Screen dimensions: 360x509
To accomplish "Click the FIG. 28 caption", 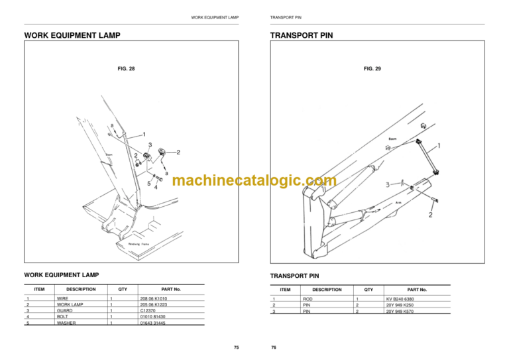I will tap(125, 68).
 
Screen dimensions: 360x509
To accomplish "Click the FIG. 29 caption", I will tap(372, 68).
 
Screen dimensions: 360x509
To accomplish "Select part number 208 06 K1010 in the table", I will tap(153, 299).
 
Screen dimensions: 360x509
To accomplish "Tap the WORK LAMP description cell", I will tap(70, 304).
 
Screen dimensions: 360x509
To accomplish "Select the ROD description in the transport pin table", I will tap(308, 299).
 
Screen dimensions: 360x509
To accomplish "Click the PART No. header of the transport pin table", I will tap(418, 290).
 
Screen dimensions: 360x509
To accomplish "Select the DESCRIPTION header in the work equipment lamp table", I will tap(81, 289).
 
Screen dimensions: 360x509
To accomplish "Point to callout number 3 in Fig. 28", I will tap(150, 145).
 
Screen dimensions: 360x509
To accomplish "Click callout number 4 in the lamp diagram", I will tap(155, 187).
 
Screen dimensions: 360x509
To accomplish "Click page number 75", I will tap(237, 347).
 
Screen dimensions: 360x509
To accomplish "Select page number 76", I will tap(274, 347).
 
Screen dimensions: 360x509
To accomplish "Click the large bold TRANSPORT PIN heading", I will tap(301, 35).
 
